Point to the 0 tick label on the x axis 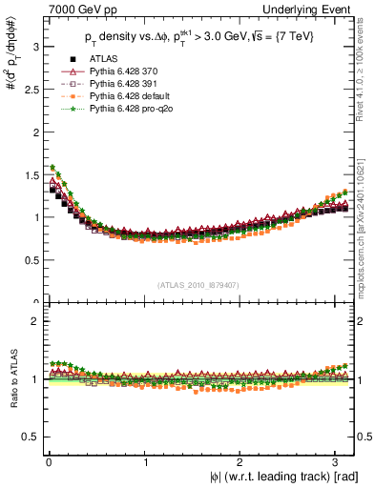[x=49, y=462]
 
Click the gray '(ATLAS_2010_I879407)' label [x=198, y=285]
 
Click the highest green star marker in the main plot [x=52, y=168]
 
